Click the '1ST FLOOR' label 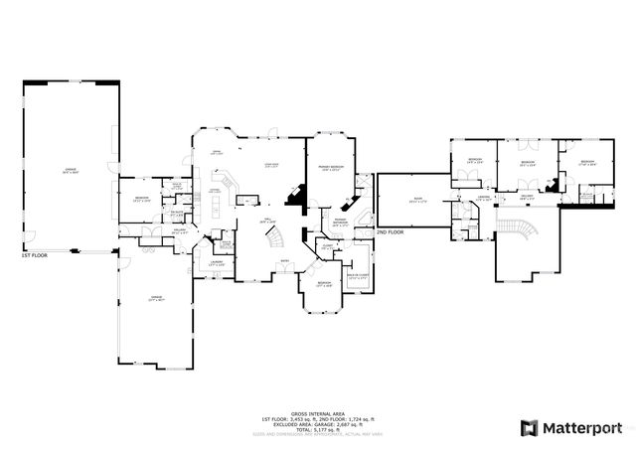click(x=36, y=255)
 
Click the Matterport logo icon click(x=529, y=428)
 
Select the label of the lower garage click(x=155, y=298)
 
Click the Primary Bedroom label click(x=331, y=167)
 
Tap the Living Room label click(x=270, y=166)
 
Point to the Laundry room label click(x=216, y=263)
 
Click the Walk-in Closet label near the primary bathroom click(x=359, y=277)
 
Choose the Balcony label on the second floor click(x=529, y=196)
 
